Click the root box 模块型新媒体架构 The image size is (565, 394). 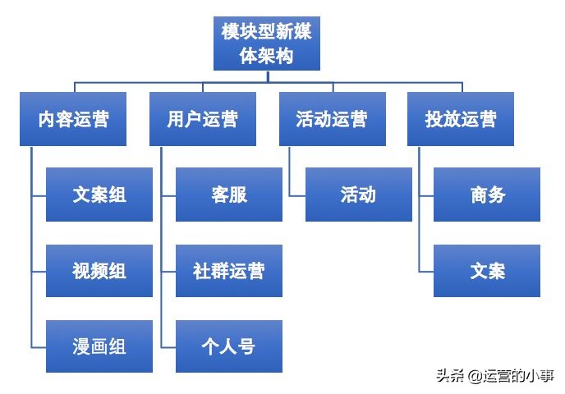click(x=266, y=44)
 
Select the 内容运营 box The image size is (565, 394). click(x=73, y=119)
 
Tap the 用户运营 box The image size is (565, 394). click(x=203, y=119)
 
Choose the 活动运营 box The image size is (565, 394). click(x=332, y=119)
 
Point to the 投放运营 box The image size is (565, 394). click(x=461, y=119)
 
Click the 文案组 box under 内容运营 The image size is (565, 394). click(x=99, y=195)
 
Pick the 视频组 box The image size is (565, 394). click(x=99, y=271)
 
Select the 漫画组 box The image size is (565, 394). click(x=99, y=346)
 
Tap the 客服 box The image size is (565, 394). click(x=229, y=195)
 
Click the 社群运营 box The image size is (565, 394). click(x=229, y=271)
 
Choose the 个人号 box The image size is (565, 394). click(x=229, y=346)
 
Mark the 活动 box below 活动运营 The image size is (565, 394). click(x=358, y=195)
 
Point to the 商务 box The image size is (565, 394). click(x=487, y=195)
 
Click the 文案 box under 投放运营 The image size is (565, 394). click(x=487, y=271)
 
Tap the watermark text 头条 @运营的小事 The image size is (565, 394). click(x=494, y=376)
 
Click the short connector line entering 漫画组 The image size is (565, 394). click(x=39, y=346)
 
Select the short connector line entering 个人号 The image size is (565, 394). click(x=168, y=346)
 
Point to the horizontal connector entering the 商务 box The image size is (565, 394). click(x=426, y=195)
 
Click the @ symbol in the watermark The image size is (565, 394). click(x=475, y=376)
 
